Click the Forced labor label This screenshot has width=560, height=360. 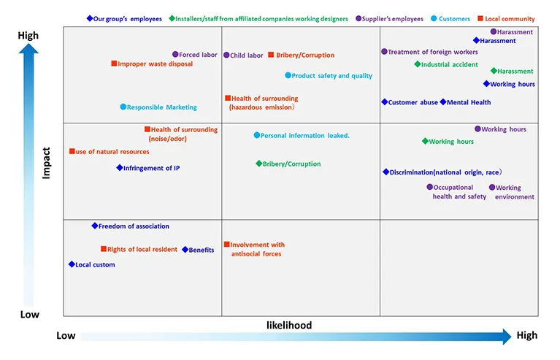pos(199,55)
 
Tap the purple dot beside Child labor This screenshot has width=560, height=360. pos(226,55)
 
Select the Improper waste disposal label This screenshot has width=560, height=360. pos(155,64)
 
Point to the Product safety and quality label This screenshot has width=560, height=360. pos(331,76)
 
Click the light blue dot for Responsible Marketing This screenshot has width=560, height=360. pos(123,107)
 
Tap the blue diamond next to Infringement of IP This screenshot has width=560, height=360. pos(120,168)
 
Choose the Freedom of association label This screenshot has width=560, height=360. pos(134,226)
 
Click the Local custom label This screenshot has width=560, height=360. pos(95,265)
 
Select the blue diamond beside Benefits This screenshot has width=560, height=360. pos(185,250)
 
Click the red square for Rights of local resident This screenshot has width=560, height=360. pos(104,249)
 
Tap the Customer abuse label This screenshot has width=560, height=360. pos(413,103)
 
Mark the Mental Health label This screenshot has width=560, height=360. pos(469,103)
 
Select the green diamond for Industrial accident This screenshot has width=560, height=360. pos(416,64)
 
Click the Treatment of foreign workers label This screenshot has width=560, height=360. pos(433,53)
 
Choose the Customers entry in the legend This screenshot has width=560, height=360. pos(454,19)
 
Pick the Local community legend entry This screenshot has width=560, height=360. pos(510,19)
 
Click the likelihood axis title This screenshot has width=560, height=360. pos(288,326)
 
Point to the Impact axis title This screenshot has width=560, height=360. pos(46,164)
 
